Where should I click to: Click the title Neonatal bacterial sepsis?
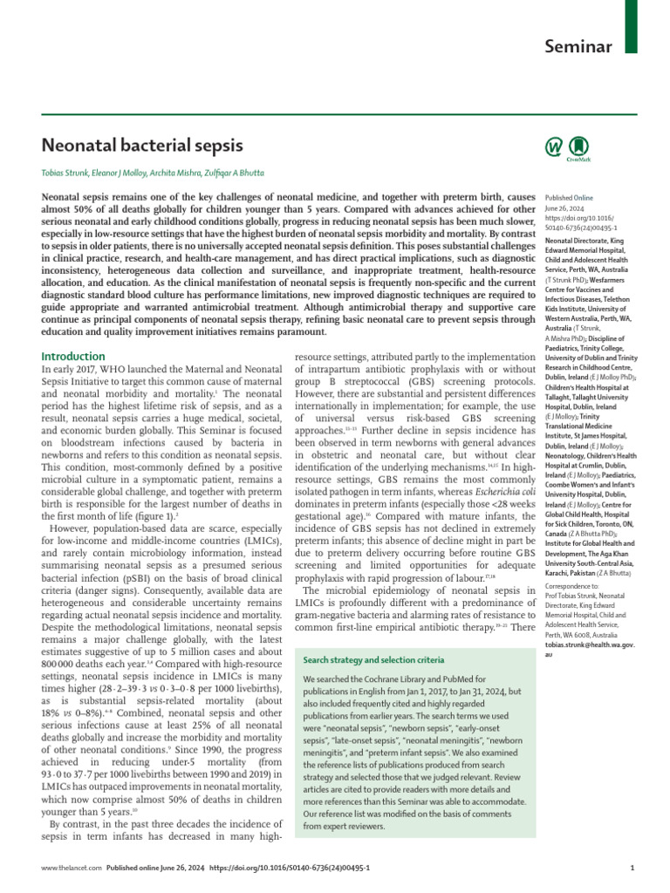[x=142, y=144]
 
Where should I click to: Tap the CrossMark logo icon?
[x=578, y=147]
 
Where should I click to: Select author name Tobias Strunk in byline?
[x=70, y=173]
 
